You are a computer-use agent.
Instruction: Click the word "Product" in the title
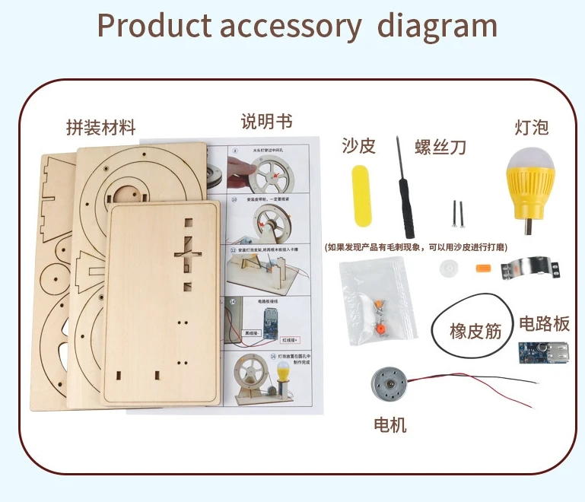click(154, 25)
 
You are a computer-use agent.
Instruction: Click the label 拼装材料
click(100, 128)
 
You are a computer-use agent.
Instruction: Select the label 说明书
click(266, 122)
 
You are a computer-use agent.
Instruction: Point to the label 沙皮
click(359, 146)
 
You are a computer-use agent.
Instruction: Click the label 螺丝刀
click(440, 148)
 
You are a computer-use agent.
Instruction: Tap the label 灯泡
click(531, 126)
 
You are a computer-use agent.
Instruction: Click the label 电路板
click(544, 324)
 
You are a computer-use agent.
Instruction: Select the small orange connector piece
click(481, 268)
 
